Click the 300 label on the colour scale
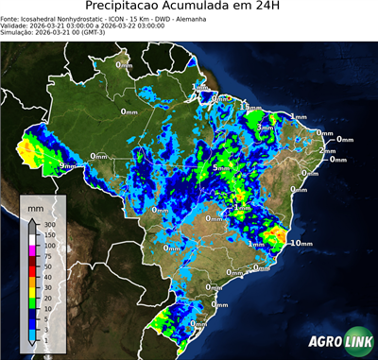click(48, 223)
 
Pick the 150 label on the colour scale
click(48, 234)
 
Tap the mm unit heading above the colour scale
click(35, 206)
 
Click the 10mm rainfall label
click(301, 243)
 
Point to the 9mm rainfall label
click(67, 166)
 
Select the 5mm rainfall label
click(221, 168)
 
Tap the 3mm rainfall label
click(266, 126)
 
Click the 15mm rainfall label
click(249, 108)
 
